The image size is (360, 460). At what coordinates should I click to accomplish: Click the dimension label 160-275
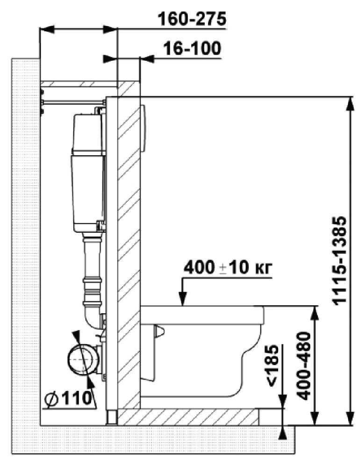pyautogui.click(x=192, y=19)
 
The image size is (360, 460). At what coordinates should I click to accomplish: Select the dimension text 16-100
pyautogui.click(x=192, y=48)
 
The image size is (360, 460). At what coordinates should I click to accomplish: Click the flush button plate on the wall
pyautogui.click(x=142, y=129)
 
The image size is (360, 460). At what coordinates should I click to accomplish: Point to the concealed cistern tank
pyautogui.click(x=88, y=173)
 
